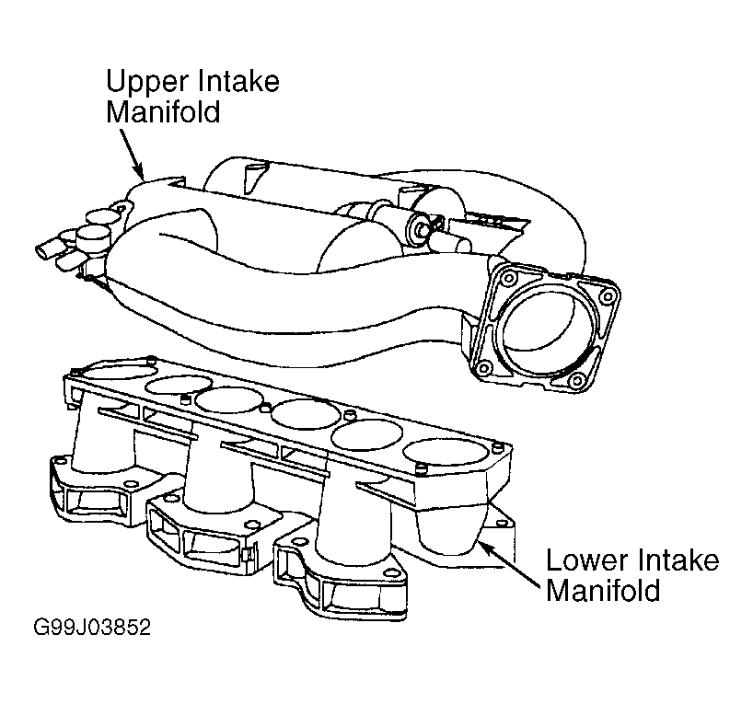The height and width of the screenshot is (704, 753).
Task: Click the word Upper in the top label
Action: coord(140,83)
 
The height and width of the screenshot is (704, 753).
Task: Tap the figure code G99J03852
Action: coord(92,628)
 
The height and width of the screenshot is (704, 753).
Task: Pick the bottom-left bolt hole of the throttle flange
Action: coord(484,369)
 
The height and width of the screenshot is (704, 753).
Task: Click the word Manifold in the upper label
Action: coord(163,112)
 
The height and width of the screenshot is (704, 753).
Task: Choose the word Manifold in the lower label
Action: coord(603,590)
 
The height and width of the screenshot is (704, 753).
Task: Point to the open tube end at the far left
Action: coord(43,251)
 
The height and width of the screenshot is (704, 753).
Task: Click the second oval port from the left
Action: coord(180,386)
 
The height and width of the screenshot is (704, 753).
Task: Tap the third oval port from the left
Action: coord(230,399)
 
